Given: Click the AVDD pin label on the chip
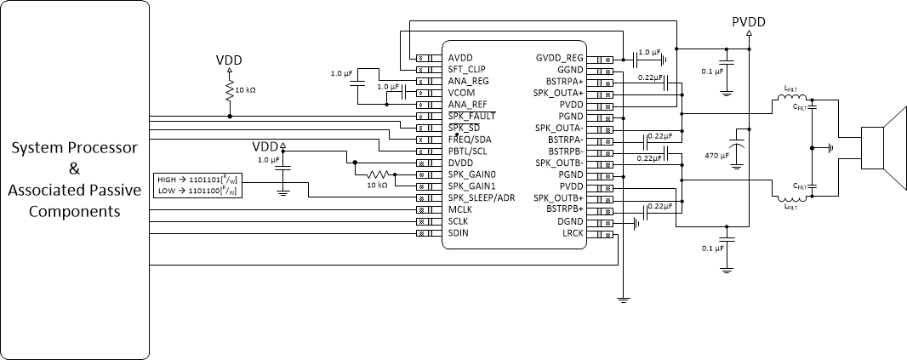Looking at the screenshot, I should click(x=460, y=58).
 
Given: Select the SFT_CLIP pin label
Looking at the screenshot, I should click(x=466, y=70).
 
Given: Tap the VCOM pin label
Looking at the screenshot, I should click(x=462, y=93).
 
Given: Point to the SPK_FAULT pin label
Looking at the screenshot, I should click(x=471, y=116).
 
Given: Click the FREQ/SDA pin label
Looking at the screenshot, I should click(x=469, y=139).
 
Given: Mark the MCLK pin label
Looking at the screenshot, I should click(x=460, y=209).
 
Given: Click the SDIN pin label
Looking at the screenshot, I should click(x=459, y=231).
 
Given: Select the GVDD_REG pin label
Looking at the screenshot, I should click(x=559, y=58).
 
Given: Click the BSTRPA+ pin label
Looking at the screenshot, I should click(x=564, y=81).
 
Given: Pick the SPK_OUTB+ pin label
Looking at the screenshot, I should click(x=558, y=197).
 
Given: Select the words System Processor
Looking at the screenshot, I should click(x=74, y=148).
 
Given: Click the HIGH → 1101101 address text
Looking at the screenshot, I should click(x=197, y=180).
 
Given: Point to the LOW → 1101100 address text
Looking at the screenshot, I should click(x=197, y=191).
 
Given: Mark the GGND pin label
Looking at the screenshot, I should click(x=570, y=70).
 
